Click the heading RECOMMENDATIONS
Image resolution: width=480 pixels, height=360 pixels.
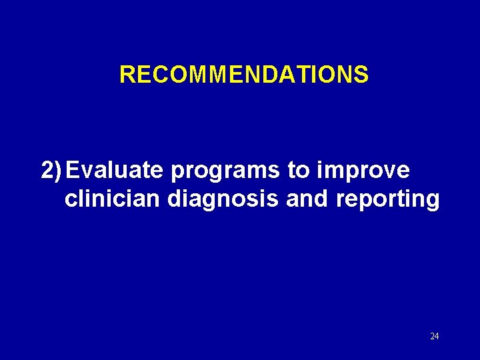[x=243, y=75]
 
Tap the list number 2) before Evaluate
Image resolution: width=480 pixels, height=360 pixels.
[x=52, y=171]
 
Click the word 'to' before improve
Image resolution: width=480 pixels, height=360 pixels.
[x=297, y=171]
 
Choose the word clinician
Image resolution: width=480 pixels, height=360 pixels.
[x=113, y=199]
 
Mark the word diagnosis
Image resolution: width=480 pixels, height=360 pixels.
[x=223, y=200]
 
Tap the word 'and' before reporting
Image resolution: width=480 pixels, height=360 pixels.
[x=303, y=199]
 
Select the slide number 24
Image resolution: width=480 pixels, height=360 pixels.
[x=434, y=336]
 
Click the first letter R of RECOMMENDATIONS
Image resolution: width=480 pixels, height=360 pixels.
[x=127, y=75]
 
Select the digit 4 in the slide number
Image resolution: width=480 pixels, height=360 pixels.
[x=437, y=336]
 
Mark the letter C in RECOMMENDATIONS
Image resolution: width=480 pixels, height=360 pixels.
[x=158, y=75]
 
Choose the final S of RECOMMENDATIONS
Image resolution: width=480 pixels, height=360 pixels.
[x=361, y=75]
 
